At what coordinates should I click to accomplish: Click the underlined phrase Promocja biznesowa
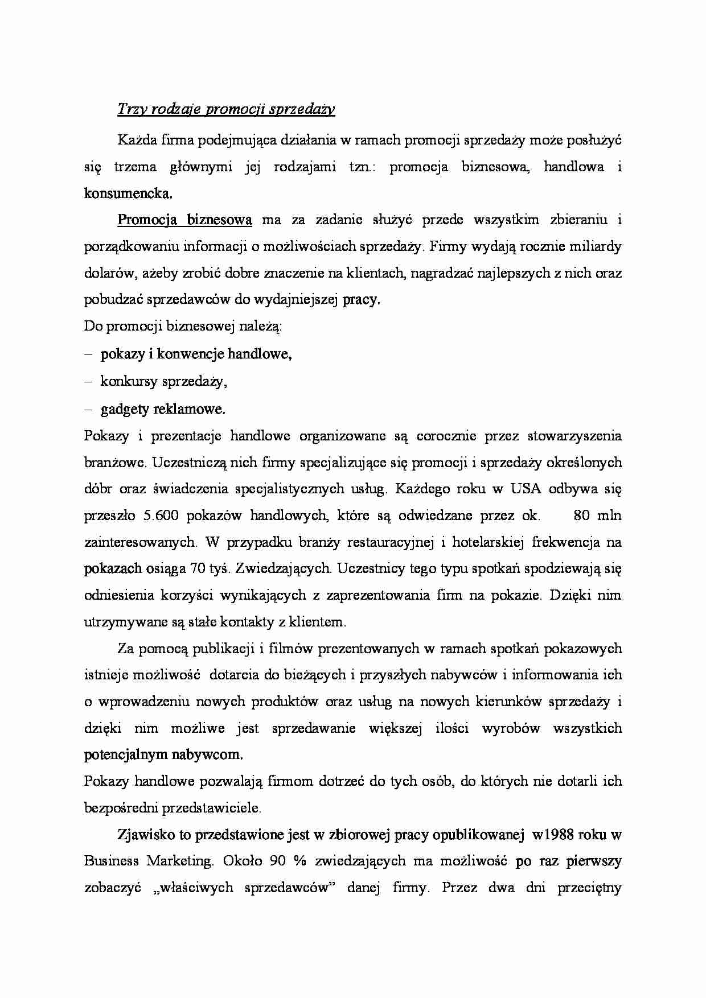(184, 220)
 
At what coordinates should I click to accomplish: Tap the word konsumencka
(128, 193)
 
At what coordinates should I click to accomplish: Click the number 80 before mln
(582, 516)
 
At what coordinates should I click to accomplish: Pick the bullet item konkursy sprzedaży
(163, 381)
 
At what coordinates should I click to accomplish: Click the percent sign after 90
(300, 860)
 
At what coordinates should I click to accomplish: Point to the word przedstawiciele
(212, 807)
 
